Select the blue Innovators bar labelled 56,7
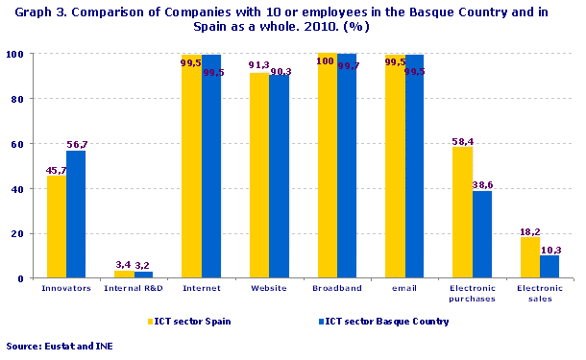76,214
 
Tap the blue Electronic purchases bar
481,234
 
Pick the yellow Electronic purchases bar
462,212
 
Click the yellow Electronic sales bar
529,257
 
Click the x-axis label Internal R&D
134,288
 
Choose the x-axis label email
403,288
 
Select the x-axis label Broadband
336,288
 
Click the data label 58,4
465,140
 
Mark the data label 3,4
124,264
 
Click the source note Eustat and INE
59,345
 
